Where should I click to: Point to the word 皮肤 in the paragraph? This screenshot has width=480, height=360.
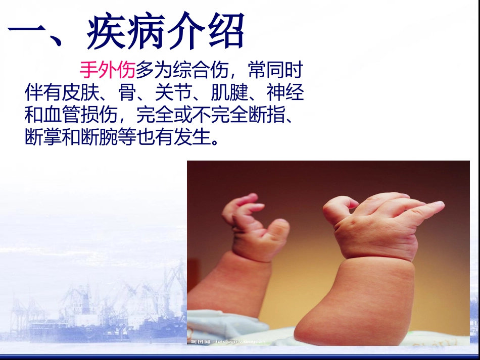pos(81,93)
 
